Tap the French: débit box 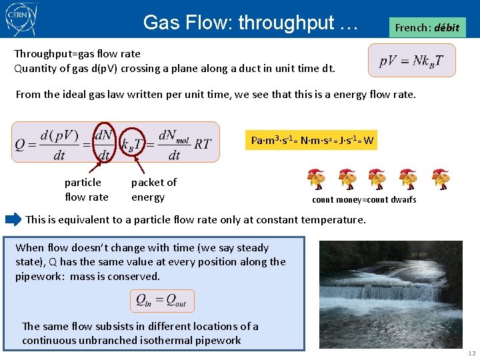[427, 28]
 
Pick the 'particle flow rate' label [86, 189]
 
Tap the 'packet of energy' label [153, 189]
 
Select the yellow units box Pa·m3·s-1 [311, 140]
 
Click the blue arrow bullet [13, 219]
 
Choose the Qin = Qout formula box [161, 300]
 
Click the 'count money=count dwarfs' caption [363, 199]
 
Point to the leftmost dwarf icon [315, 179]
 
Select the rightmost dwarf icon [440, 179]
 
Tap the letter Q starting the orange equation [21, 143]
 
